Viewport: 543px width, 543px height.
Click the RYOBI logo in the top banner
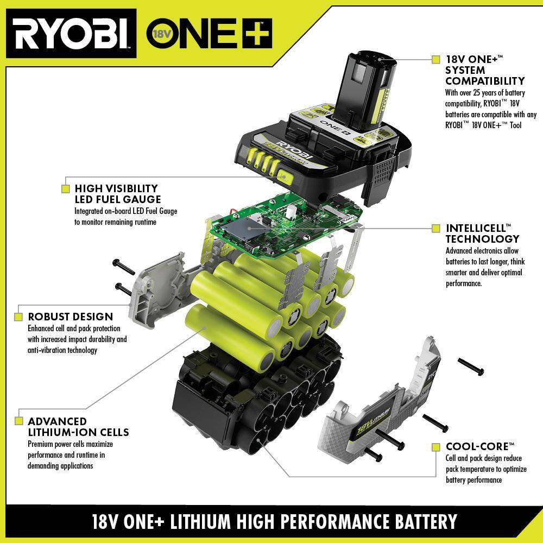pyautogui.click(x=71, y=32)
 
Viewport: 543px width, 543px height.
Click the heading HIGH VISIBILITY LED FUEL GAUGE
pyautogui.click(x=118, y=194)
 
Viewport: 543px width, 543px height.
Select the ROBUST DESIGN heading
pyautogui.click(x=70, y=317)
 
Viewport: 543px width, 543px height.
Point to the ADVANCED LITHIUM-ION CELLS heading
pyautogui.click(x=78, y=427)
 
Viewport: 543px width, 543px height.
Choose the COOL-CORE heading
pyautogui.click(x=480, y=446)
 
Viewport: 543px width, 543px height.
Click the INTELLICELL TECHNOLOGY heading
pyautogui.click(x=482, y=233)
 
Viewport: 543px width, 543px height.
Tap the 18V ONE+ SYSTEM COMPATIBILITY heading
pyautogui.click(x=484, y=70)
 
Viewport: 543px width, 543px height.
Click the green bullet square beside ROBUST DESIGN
pyautogui.click(x=18, y=317)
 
